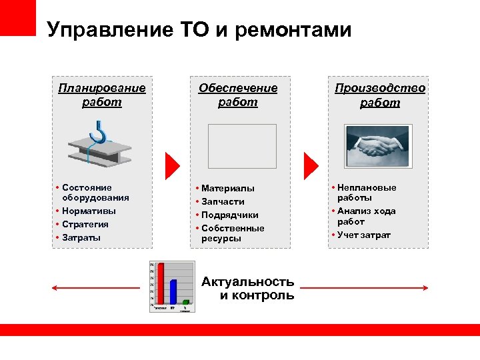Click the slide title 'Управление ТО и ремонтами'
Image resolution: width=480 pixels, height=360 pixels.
tap(199, 30)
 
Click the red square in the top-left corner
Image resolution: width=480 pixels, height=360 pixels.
tap(17, 17)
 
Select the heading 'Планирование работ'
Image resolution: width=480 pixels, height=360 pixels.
tap(102, 95)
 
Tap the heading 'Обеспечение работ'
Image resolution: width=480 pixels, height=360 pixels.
tap(238, 95)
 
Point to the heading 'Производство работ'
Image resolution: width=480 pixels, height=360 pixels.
tap(380, 95)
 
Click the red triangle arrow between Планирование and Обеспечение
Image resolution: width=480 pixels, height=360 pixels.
tap(172, 163)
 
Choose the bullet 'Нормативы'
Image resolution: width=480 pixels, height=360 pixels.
tap(89, 211)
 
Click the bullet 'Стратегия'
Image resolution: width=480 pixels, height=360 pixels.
tap(85, 224)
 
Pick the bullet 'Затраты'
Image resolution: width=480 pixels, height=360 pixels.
tap(81, 237)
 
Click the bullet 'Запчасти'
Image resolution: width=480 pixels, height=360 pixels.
tap(223, 201)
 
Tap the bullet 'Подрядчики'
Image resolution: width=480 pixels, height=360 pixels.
tap(230, 215)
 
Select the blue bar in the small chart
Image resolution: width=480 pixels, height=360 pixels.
tap(173, 293)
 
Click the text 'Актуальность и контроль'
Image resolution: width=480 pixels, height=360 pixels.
tap(248, 288)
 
